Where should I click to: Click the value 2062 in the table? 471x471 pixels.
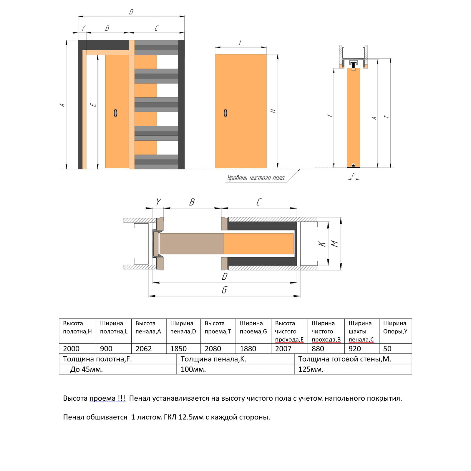click(144, 349)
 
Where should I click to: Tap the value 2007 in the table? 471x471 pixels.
click(283, 349)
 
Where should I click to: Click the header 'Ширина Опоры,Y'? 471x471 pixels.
click(395, 327)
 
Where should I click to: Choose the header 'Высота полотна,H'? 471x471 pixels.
click(77, 327)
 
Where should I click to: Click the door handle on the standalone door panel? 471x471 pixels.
click(225, 113)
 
